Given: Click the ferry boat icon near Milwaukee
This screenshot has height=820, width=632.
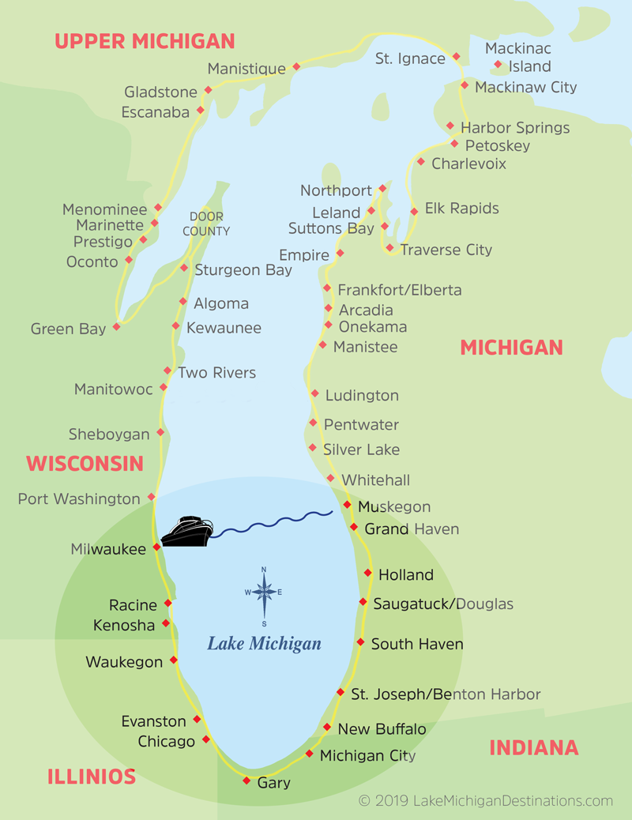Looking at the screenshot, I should pyautogui.click(x=187, y=532).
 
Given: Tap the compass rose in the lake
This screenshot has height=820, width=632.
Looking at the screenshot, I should pyautogui.click(x=264, y=592).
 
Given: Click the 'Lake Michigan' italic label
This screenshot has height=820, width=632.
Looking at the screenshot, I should pyautogui.click(x=264, y=644).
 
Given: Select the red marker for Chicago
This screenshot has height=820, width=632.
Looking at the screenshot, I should pyautogui.click(x=206, y=739).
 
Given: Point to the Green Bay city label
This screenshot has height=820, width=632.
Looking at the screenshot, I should pyautogui.click(x=68, y=329).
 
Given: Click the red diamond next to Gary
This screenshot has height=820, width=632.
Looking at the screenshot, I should pyautogui.click(x=246, y=781).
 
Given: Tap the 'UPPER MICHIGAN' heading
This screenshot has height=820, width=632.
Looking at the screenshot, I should pyautogui.click(x=145, y=41).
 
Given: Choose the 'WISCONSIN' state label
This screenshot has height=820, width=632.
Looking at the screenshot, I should pyautogui.click(x=85, y=464).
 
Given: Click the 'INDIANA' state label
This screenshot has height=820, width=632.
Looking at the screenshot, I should pyautogui.click(x=534, y=747).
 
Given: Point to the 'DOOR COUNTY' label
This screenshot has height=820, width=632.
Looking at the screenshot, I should pyautogui.click(x=206, y=224).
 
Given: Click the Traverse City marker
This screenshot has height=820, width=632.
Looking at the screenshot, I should pyautogui.click(x=389, y=247).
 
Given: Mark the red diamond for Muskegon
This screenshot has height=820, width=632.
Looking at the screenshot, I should pyautogui.click(x=347, y=504).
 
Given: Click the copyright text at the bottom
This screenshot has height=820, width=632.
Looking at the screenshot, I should pyautogui.click(x=485, y=801).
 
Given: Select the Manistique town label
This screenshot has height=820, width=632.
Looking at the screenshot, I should pyautogui.click(x=246, y=69).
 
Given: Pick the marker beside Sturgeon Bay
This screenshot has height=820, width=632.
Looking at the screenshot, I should pyautogui.click(x=184, y=268).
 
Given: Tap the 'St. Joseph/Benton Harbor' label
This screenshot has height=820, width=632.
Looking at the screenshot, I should pyautogui.click(x=446, y=694).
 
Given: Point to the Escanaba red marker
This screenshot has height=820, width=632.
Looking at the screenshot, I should pyautogui.click(x=201, y=110).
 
